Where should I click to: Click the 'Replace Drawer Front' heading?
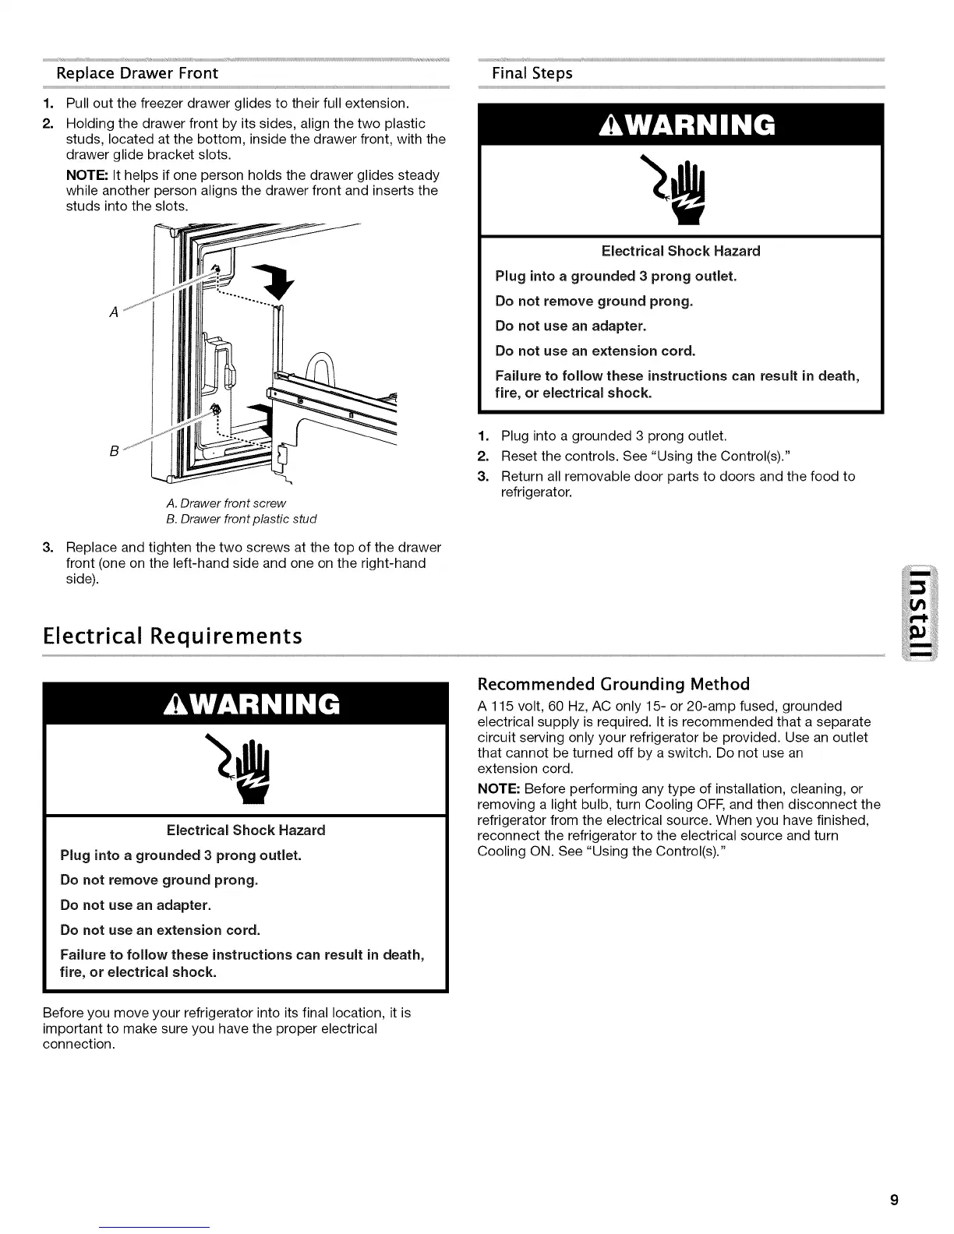coord(136,73)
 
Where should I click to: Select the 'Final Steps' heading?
coord(532,73)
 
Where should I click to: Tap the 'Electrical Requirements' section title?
coord(172,636)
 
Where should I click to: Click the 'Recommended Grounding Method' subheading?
coord(613,684)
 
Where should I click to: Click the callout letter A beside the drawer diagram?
coord(114,312)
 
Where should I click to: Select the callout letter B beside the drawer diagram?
coord(114,450)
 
